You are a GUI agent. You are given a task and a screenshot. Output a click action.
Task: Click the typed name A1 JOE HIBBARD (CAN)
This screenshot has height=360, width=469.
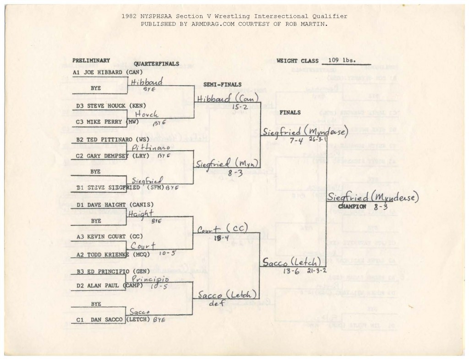(x=107, y=72)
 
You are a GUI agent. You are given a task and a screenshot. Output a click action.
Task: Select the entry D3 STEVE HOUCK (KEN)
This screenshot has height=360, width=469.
(x=108, y=106)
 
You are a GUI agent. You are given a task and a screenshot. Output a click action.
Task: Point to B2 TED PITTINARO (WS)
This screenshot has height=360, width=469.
(x=108, y=139)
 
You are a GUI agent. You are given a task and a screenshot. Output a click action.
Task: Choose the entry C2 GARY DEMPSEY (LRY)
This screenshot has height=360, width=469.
(x=109, y=156)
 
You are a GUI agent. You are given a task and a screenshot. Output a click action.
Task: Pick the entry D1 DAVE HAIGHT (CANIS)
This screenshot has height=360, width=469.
(x=113, y=205)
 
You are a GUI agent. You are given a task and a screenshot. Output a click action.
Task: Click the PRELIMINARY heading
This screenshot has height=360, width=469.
(x=91, y=60)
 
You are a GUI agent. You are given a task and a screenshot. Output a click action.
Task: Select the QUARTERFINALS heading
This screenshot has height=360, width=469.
(x=156, y=64)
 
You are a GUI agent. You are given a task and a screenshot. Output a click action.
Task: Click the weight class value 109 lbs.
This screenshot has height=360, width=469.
(x=342, y=60)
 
